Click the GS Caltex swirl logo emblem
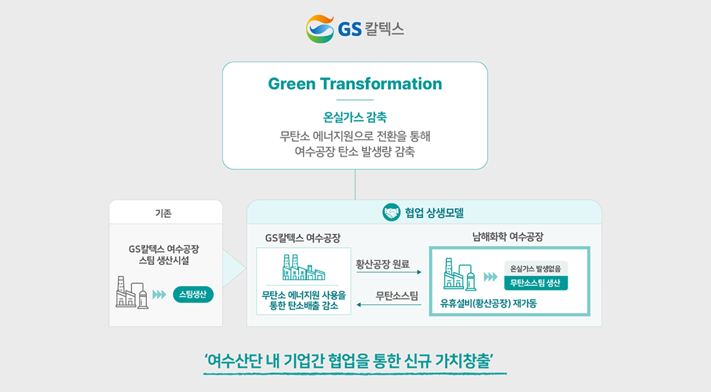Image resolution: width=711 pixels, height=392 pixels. [320, 29]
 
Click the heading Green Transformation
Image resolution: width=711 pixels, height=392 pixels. [355, 84]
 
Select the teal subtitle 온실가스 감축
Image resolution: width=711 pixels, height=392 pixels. [355, 117]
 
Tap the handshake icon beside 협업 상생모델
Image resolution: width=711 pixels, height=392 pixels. [391, 212]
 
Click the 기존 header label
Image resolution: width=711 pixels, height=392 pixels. [163, 213]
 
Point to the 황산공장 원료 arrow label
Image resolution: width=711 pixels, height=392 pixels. [382, 264]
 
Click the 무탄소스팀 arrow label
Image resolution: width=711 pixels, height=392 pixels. [397, 296]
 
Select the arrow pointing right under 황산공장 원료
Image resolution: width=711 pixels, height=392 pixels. [389, 272]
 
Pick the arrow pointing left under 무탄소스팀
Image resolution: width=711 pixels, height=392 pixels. [389, 305]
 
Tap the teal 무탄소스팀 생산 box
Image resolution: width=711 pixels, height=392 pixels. [535, 283]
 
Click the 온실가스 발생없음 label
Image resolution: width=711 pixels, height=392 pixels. [535, 269]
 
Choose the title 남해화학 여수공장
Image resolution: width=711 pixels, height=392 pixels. [508, 237]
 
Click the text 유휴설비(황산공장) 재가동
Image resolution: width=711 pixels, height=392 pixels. [488, 304]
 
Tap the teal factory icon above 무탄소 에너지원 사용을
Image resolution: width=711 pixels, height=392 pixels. [303, 267]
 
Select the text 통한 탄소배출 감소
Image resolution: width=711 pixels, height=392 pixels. [303, 306]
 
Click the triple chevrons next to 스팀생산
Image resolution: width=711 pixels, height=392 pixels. [159, 295]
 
